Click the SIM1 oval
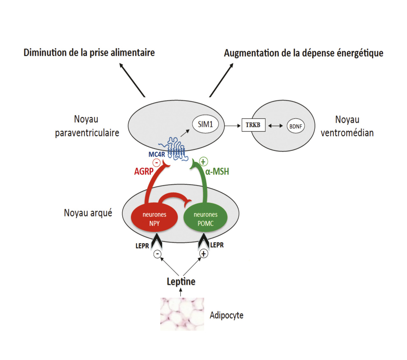click(205, 124)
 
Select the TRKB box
click(253, 125)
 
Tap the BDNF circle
click(296, 126)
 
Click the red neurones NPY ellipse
click(154, 219)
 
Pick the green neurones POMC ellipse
click(205, 219)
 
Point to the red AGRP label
click(143, 172)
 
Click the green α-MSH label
click(217, 172)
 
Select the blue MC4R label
click(157, 154)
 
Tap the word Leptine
click(181, 282)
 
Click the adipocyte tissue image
click(182, 314)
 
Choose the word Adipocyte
click(226, 315)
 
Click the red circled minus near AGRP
click(156, 163)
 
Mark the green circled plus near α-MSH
click(203, 161)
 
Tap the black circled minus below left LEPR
click(157, 254)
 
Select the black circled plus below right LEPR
click(203, 254)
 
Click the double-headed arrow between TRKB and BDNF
click(275, 126)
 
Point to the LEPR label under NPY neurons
click(142, 246)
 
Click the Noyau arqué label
click(88, 213)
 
